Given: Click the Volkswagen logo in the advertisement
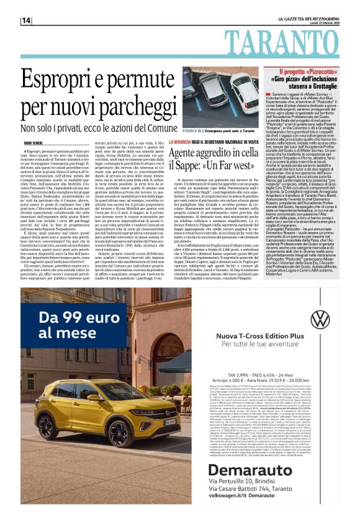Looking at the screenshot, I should (320, 319).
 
